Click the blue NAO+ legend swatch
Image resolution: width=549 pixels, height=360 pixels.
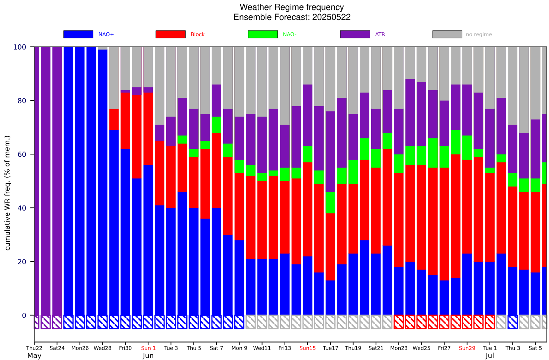[78, 34]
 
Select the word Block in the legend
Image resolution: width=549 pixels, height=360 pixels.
[198, 34]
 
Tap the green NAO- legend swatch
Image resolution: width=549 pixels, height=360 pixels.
[263, 34]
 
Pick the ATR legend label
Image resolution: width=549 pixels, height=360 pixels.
[380, 34]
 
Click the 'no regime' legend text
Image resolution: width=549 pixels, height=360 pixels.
[479, 34]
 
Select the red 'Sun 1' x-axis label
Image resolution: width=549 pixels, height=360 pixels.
[148, 348]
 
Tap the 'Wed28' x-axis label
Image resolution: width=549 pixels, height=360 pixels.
[103, 348]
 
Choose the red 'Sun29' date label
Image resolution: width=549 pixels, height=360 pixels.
[467, 348]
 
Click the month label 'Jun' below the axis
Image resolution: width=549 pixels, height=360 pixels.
[148, 356]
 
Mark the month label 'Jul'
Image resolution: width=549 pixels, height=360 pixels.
[490, 356]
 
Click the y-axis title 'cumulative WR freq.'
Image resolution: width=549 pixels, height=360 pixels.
[7, 193]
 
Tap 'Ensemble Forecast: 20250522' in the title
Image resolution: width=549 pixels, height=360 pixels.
[292, 17]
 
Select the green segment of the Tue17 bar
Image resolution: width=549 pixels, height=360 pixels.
[330, 203]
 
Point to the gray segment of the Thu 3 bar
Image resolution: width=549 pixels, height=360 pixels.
[513, 86]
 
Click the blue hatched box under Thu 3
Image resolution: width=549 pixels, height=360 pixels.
[513, 322]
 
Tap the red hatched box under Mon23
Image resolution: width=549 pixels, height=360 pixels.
[399, 322]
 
